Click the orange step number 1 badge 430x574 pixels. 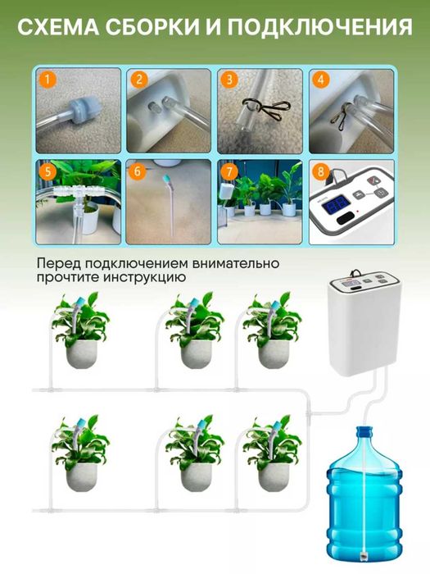pos(48,80)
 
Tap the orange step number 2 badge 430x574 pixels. pos(139,80)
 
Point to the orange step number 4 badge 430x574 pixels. pos(321,80)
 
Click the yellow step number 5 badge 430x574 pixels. pos(48,172)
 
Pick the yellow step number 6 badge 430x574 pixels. pos(138,172)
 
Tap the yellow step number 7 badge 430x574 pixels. pos(230,172)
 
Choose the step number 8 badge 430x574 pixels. pos(321,173)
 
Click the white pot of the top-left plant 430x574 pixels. pos(82,353)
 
